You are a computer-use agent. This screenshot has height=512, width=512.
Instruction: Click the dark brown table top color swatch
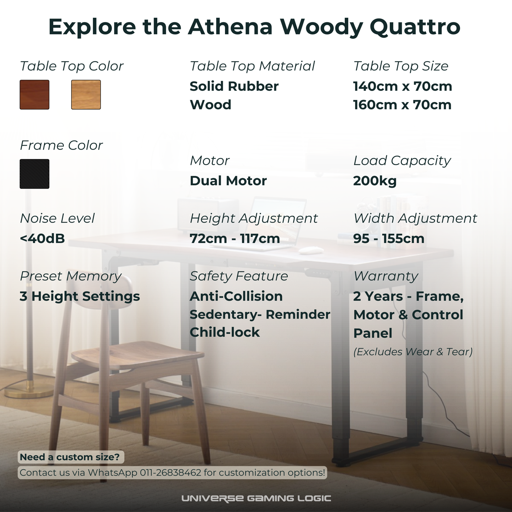tap(34, 95)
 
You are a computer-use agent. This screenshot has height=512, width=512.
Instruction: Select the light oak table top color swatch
tap(86, 95)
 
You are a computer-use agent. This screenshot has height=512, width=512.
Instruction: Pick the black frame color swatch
tap(34, 174)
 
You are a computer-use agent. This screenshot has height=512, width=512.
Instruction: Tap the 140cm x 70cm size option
tap(403, 86)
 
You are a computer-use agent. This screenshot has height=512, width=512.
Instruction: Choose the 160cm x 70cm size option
tap(402, 105)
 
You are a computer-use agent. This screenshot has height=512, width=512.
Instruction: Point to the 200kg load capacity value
tap(375, 181)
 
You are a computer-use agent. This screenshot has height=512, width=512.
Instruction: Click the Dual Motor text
tap(228, 181)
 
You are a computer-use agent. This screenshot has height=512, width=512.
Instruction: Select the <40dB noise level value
tap(42, 238)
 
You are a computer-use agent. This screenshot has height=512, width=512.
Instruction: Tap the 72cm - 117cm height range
tap(235, 238)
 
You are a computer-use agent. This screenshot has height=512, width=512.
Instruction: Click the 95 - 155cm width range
tap(389, 238)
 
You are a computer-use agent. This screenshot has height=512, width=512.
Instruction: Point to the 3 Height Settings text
tap(80, 296)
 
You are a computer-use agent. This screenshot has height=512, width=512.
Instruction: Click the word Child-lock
tap(225, 332)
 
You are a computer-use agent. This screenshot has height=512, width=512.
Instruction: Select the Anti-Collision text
tap(236, 296)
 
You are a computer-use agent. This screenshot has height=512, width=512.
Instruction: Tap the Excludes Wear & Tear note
tap(413, 352)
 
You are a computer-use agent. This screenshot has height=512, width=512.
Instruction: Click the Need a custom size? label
tap(70, 457)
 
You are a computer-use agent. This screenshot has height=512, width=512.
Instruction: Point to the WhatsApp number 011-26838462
tap(170, 473)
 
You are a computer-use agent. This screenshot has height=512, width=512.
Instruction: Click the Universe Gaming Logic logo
tap(256, 499)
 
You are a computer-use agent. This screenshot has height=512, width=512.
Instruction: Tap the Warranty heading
tap(386, 276)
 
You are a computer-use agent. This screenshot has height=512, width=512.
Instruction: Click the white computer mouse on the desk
tap(311, 251)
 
